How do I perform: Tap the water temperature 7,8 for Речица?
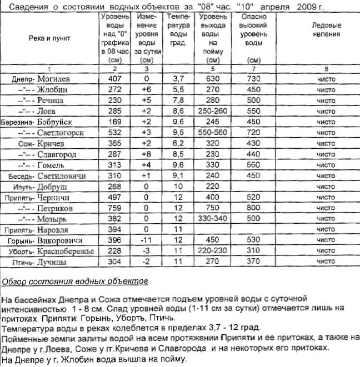click(178, 100)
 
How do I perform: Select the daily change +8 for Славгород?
click(146, 154)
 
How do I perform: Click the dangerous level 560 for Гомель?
click(253, 165)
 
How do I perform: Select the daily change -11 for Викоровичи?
click(146, 240)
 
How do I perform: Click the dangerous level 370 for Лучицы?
click(253, 262)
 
